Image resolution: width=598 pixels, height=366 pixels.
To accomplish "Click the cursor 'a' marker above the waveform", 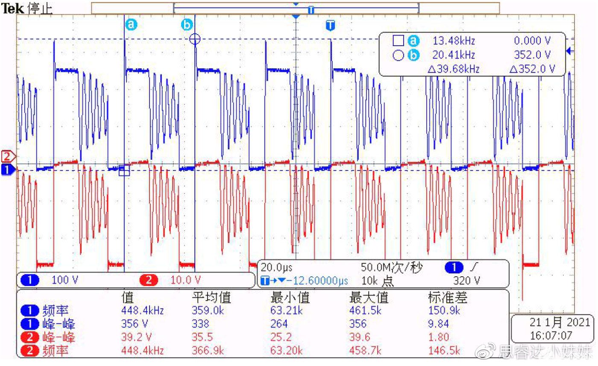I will coord(131,25).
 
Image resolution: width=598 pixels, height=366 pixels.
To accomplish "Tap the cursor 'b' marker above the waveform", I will coord(187,25).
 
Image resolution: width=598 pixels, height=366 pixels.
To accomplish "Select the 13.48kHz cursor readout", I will coord(454,41).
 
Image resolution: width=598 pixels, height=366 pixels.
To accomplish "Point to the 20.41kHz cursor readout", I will coord(454,55).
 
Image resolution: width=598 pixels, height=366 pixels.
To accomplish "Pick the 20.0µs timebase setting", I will coord(276,268).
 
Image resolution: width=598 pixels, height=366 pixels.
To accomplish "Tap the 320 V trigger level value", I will coord(466,281).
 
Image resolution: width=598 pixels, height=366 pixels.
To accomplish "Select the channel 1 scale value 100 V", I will coord(65,280).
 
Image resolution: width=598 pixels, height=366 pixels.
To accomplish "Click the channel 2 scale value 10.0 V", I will coord(185,280).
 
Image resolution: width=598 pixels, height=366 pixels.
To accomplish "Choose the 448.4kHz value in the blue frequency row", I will coord(143,310).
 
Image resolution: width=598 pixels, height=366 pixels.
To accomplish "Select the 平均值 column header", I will coord(211,297).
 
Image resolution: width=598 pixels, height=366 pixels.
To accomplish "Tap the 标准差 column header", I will coord(447,297).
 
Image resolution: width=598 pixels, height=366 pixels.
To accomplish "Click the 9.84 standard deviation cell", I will coord(437,324).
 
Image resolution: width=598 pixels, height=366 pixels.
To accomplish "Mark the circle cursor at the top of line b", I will coord(195,39).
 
